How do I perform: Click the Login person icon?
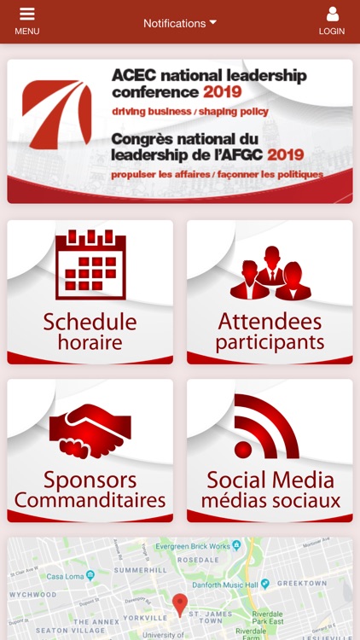tap(332, 15)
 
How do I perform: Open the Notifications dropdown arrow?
tap(213, 22)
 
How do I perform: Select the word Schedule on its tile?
tap(90, 323)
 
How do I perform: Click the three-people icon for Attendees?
tap(270, 273)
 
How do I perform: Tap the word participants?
tap(270, 343)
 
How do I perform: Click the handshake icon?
tap(90, 431)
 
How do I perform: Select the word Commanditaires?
tap(90, 500)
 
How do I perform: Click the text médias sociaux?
tap(270, 501)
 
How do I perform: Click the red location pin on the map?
tap(179, 604)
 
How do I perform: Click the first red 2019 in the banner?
tap(222, 92)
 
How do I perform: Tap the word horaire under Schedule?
tap(90, 343)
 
